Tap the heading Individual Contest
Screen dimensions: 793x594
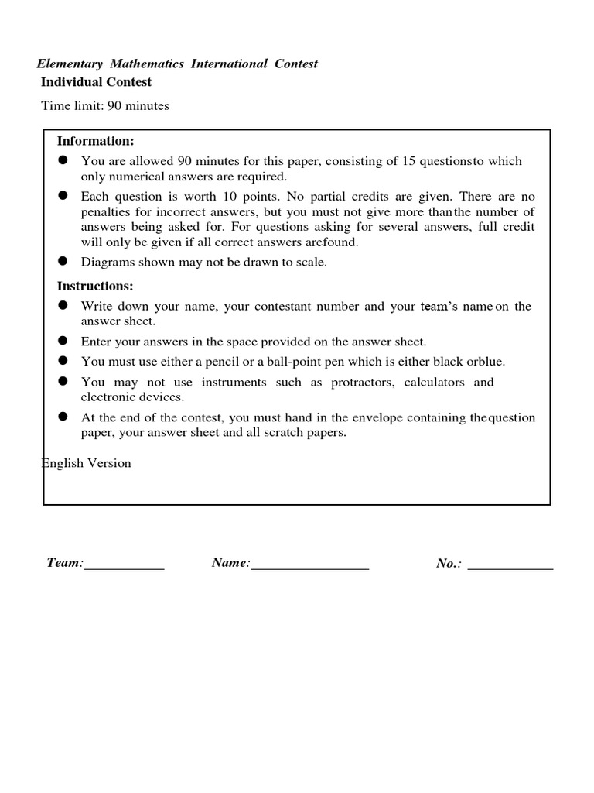(x=96, y=82)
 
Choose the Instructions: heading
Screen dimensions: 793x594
(x=95, y=286)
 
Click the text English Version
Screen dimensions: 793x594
(x=86, y=463)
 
